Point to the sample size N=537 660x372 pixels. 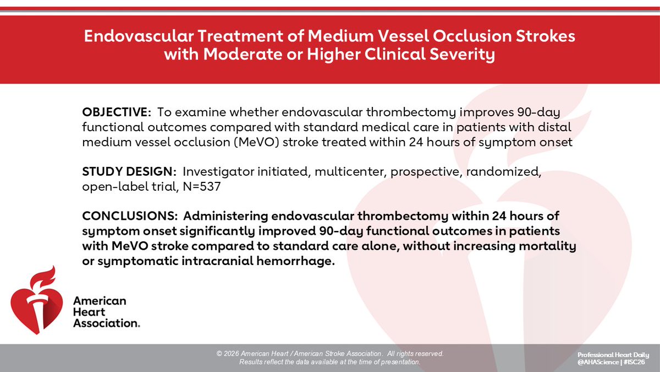click(203, 187)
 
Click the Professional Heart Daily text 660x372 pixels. click(613, 354)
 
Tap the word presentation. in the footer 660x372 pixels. click(401, 362)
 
